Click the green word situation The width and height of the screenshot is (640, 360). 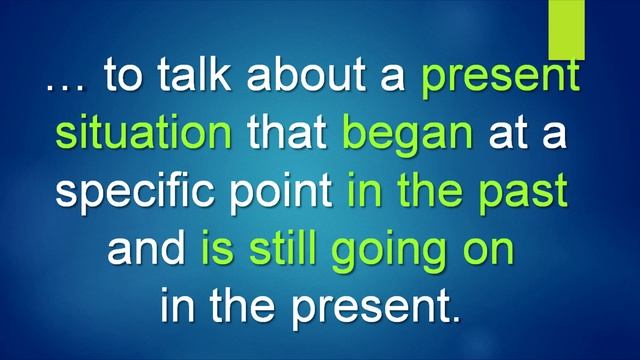144,134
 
